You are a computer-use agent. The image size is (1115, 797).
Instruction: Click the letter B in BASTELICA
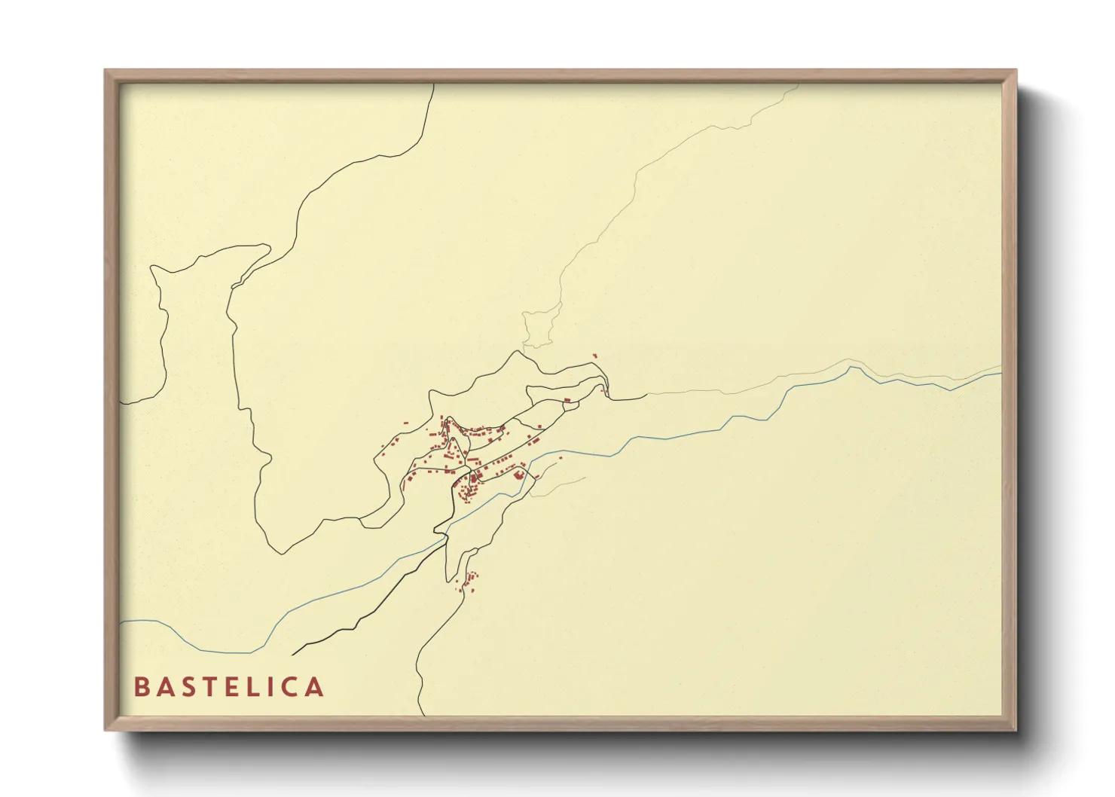(x=142, y=687)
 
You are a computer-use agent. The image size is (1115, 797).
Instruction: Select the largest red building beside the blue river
(x=518, y=475)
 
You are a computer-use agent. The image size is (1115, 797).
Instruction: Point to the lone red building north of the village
(x=594, y=356)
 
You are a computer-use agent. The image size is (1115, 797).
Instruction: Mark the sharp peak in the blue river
(x=851, y=368)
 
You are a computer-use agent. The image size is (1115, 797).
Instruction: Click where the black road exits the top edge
(x=434, y=85)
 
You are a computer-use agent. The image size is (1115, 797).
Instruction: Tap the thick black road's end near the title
(x=293, y=654)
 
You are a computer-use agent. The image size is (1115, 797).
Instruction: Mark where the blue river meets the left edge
(x=121, y=622)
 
